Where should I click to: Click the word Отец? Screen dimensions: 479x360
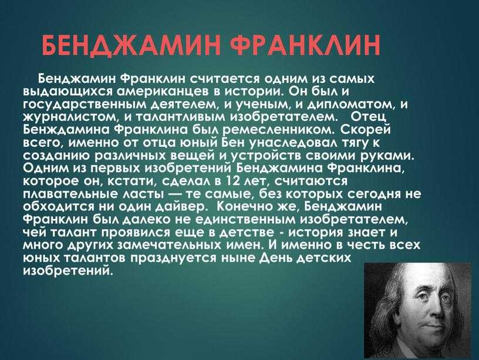pyautogui.click(x=369, y=117)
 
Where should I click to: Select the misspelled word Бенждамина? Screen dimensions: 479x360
pyautogui.click(x=65, y=130)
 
